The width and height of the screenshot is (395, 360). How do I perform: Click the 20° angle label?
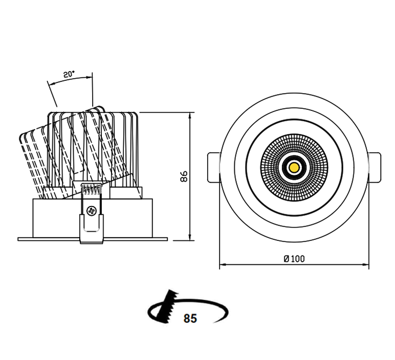[69, 74]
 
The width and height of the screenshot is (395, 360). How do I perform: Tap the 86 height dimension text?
[184, 176]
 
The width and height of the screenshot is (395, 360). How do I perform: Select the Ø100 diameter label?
[294, 259]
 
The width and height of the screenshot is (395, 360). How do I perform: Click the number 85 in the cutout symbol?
[190, 318]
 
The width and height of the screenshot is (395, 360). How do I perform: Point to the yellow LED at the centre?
[294, 167]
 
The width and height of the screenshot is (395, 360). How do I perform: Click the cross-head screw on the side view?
[91, 211]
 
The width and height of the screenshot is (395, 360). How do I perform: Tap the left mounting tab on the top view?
[214, 167]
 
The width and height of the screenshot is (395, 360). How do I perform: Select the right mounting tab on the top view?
[375, 167]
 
